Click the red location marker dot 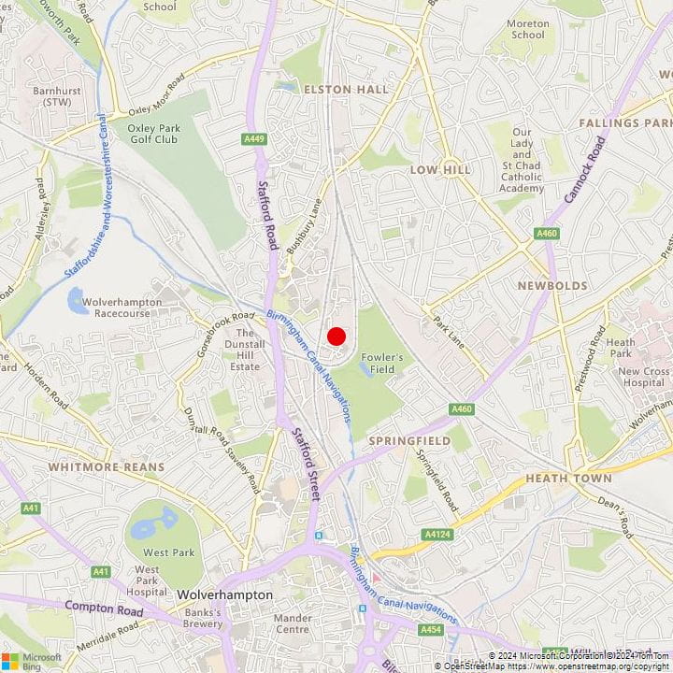[x=336, y=336]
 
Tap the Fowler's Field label [x=383, y=364]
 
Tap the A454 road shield [x=431, y=631]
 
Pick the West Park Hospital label [x=147, y=580]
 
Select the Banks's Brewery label [x=202, y=618]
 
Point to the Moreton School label [x=527, y=29]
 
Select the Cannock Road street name [x=585, y=169]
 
